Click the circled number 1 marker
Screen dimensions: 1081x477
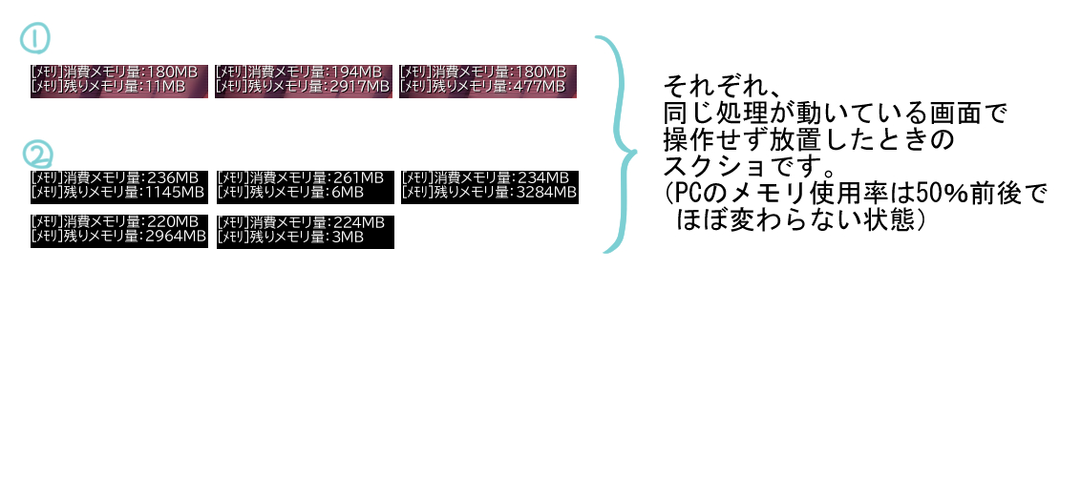(33, 38)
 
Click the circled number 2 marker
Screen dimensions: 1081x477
(38, 155)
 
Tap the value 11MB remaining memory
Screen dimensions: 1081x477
(165, 87)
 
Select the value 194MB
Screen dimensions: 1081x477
(356, 72)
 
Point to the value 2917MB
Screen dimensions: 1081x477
(360, 87)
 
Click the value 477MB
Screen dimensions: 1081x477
(540, 87)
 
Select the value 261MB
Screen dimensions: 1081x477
(357, 177)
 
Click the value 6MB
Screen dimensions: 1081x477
(348, 192)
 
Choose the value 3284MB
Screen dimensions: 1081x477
(546, 192)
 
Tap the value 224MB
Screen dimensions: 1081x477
(358, 222)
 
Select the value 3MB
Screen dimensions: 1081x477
(348, 237)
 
